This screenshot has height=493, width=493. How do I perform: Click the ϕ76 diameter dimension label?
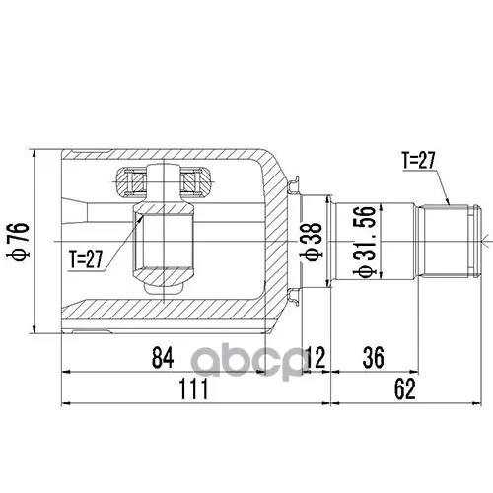pyautogui.click(x=19, y=242)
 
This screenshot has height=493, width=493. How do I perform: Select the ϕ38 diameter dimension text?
pyautogui.click(x=313, y=242)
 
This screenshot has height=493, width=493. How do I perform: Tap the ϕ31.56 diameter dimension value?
pyautogui.click(x=365, y=242)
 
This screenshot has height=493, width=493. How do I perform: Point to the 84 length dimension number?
pyautogui.click(x=163, y=358)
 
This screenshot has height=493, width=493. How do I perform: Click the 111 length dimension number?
pyautogui.click(x=194, y=388)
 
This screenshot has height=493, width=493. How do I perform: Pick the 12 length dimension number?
pyautogui.click(x=315, y=358)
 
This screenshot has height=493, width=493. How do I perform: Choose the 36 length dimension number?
pyautogui.click(x=374, y=358)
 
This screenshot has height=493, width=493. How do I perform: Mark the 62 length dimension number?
pyautogui.click(x=405, y=388)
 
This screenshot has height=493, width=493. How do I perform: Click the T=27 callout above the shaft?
pyautogui.click(x=419, y=160)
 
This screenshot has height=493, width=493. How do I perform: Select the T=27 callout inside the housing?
pyautogui.click(x=86, y=259)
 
